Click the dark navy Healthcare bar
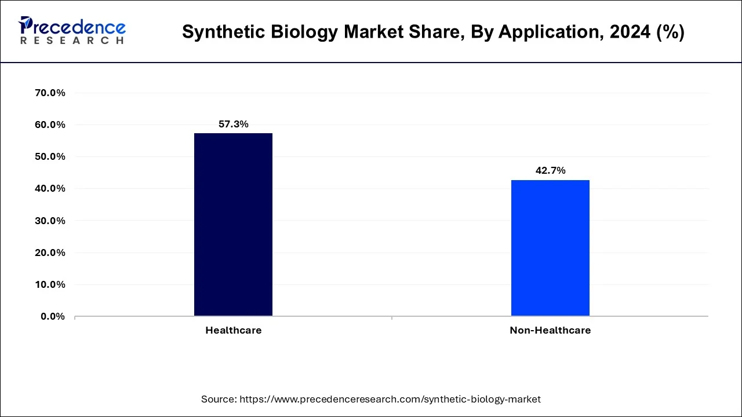[x=233, y=225]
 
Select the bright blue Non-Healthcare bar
[x=550, y=248]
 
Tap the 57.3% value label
[x=233, y=124]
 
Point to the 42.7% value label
[x=550, y=170]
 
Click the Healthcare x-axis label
[x=233, y=330]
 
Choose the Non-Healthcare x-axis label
[x=550, y=330]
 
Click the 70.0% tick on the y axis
[x=50, y=93]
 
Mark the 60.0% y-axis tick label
[x=50, y=125]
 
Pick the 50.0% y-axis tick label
[x=50, y=156]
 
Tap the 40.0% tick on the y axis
[x=50, y=188]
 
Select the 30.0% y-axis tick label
[x=50, y=221]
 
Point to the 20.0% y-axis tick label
[x=50, y=253]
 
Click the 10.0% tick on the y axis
[x=50, y=284]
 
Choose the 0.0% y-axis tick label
[x=53, y=316]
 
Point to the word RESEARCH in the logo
[x=72, y=41]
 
